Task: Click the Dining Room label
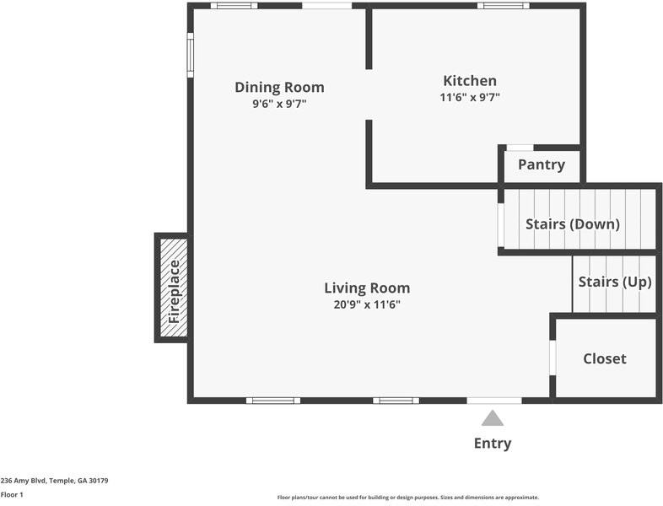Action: tap(279, 87)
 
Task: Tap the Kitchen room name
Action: tap(470, 80)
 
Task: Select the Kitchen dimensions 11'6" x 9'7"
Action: tap(470, 97)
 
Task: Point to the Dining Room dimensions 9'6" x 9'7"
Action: tap(279, 104)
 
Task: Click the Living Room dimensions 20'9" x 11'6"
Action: tap(367, 304)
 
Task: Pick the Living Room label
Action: tap(367, 288)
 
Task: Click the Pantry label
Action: tap(542, 164)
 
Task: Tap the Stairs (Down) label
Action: tap(573, 224)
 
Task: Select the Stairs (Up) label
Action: tap(615, 282)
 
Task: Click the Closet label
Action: tap(605, 358)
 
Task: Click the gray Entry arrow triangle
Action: tap(493, 418)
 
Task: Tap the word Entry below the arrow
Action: tap(493, 443)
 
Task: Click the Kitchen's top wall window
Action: tap(504, 6)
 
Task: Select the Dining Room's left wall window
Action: tap(191, 55)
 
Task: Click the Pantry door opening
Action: tap(520, 148)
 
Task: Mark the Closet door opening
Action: tap(552, 358)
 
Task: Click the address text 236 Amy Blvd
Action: tap(24, 481)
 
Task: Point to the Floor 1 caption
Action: tap(12, 494)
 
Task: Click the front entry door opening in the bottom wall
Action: tap(494, 401)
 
